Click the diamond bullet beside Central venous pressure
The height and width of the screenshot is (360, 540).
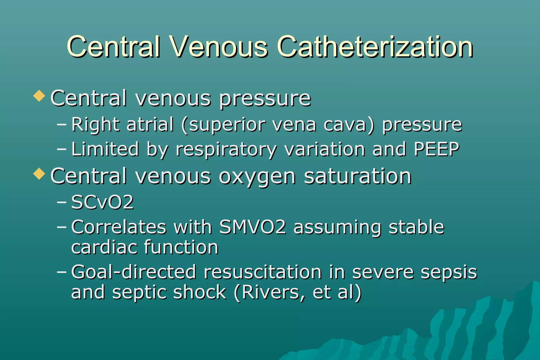tap(39, 96)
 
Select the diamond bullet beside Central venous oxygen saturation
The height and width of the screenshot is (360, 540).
tap(39, 174)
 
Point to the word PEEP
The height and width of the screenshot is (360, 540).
tap(436, 149)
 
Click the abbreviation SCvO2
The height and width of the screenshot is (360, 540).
tap(103, 202)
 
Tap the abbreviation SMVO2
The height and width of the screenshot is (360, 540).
tap(253, 227)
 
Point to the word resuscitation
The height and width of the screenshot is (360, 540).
tap(263, 272)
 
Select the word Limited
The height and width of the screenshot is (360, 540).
tap(105, 149)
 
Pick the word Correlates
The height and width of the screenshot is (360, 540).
tap(119, 227)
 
